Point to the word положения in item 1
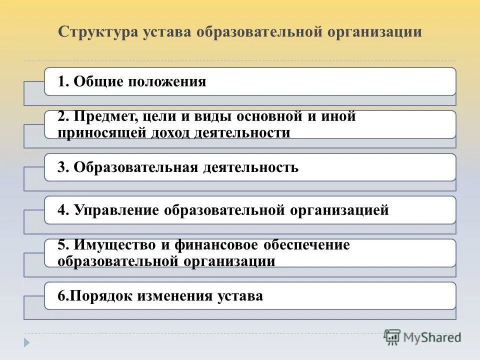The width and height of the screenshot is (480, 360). [x=167, y=82]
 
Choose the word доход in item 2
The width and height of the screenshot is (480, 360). [x=177, y=132]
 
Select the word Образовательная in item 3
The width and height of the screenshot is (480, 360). [x=136, y=167]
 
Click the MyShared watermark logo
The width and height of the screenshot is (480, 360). [x=422, y=337]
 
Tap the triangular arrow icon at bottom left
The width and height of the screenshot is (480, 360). [x=27, y=343]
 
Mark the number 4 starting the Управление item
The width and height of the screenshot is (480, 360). [x=61, y=210]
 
